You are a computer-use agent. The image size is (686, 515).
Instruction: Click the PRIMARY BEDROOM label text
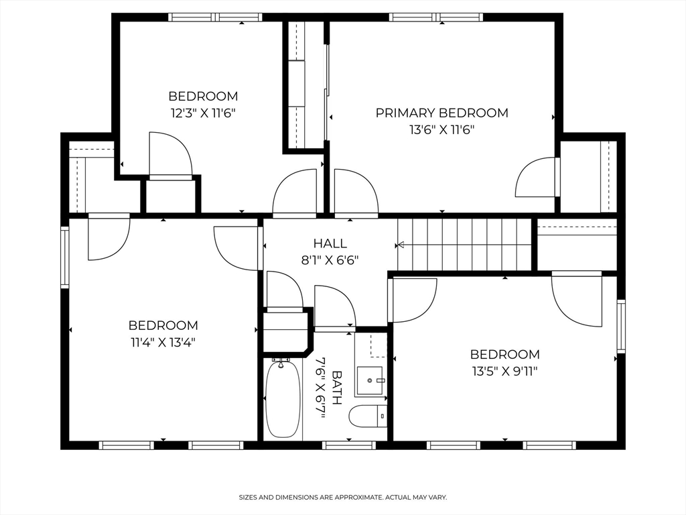click(x=441, y=113)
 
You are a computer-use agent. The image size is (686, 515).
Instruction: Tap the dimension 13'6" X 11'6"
click(x=441, y=130)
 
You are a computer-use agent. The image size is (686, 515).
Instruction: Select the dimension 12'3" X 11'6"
click(x=203, y=113)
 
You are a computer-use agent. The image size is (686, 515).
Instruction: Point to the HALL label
click(x=330, y=243)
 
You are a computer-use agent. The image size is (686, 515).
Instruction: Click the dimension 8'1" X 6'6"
click(x=330, y=260)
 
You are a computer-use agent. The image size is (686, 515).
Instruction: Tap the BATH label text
click(x=336, y=388)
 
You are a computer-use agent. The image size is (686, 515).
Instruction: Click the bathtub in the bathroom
click(x=281, y=400)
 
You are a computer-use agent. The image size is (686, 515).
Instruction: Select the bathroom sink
click(x=369, y=380)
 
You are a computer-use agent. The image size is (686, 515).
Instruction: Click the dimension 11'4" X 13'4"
click(x=163, y=342)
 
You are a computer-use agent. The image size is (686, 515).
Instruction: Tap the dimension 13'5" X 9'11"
click(x=504, y=370)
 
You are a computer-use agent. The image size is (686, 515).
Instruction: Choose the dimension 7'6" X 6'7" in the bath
click(x=320, y=388)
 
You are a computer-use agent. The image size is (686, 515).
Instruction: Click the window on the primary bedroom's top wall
click(x=435, y=17)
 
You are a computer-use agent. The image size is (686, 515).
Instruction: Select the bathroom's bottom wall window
click(x=348, y=445)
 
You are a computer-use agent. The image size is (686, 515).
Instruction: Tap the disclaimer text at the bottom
click(x=343, y=498)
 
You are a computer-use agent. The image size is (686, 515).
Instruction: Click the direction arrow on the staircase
click(x=402, y=245)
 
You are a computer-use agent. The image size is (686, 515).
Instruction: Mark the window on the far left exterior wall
click(x=65, y=257)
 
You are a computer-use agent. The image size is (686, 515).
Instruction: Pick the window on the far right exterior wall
click(x=621, y=327)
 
